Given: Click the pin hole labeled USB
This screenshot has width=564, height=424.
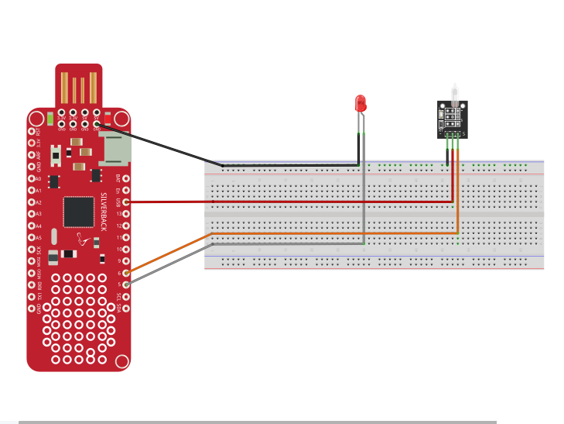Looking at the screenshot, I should (126, 202).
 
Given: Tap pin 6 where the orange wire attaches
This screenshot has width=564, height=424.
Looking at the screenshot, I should (126, 273).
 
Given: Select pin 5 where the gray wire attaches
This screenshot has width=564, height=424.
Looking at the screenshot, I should (126, 284).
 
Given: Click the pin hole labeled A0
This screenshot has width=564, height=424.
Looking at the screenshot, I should (32, 178).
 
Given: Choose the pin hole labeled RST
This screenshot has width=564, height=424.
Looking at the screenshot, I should (32, 131).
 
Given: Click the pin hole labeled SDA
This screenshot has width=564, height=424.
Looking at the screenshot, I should (126, 308).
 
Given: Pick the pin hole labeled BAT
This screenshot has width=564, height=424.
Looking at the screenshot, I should (126, 178).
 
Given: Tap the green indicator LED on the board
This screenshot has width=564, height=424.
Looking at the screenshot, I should (50, 119).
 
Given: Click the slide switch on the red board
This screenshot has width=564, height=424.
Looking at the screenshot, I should (56, 157).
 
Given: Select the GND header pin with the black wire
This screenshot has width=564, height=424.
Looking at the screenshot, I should (97, 123).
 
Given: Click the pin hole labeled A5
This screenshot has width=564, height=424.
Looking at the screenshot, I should (32, 237).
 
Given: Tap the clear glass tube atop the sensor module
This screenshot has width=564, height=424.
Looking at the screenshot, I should (455, 92).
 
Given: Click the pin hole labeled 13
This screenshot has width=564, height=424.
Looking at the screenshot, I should (126, 213).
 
